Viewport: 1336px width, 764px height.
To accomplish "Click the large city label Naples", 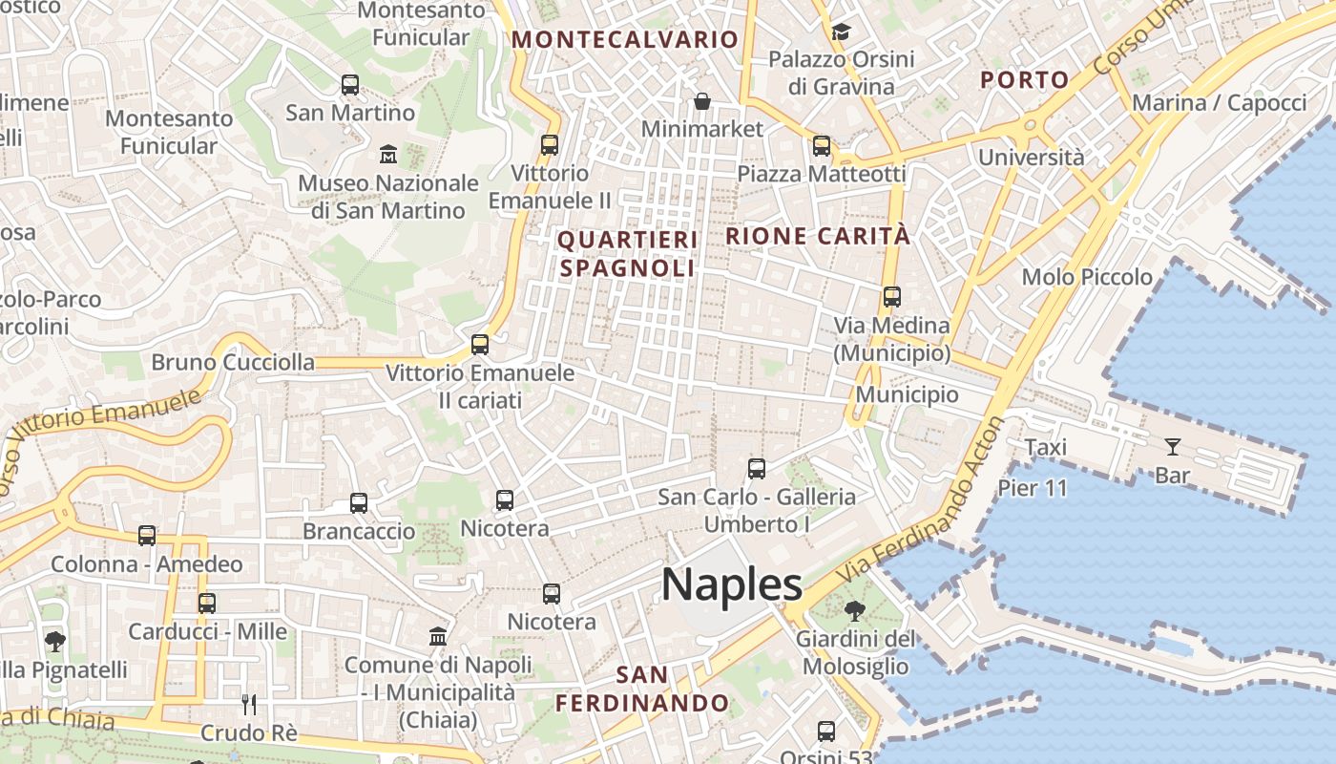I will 732,584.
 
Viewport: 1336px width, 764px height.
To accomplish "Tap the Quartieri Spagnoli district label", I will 628,253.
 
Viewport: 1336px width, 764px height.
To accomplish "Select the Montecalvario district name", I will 625,39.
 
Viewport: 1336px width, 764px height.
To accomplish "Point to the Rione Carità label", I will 818,236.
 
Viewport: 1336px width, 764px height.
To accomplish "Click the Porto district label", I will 1025,79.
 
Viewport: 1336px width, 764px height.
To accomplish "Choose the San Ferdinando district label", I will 642,690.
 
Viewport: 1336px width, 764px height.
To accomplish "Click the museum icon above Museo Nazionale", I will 388,154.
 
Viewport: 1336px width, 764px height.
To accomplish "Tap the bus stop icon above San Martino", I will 350,85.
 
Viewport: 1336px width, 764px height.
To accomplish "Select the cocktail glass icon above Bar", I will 1172,446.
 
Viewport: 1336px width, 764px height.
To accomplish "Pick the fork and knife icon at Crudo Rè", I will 249,705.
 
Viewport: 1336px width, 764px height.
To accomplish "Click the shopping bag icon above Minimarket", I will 702,101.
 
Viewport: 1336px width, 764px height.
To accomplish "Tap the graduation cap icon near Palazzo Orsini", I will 841,32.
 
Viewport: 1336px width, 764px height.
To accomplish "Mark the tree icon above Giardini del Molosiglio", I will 855,610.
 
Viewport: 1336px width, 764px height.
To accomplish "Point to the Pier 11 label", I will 1033,488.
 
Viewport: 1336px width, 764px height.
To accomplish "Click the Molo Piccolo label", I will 1087,277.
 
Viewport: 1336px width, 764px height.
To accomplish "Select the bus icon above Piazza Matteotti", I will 822,146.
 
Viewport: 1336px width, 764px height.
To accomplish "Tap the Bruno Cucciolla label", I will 233,362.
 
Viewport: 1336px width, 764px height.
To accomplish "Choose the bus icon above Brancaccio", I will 359,503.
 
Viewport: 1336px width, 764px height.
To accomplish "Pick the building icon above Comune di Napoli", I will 438,636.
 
